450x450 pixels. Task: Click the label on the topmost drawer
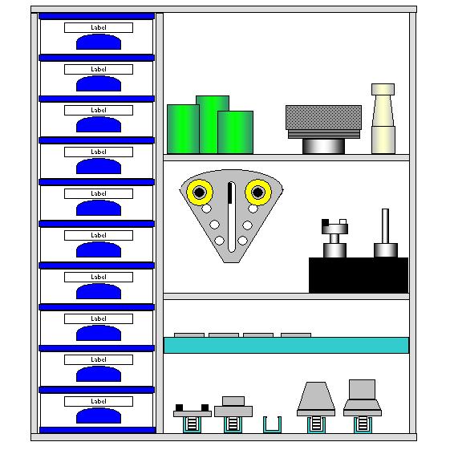[x=99, y=27]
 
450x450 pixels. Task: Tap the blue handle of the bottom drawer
[x=99, y=416]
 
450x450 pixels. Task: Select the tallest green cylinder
[x=213, y=124]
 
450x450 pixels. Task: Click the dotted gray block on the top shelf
[x=323, y=117]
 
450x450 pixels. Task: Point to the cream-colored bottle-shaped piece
[x=383, y=119]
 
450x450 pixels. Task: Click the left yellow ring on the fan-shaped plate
[x=200, y=193]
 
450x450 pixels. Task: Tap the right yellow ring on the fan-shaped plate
[x=258, y=193]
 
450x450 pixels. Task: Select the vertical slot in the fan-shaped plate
[x=231, y=217]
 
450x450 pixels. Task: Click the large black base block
[x=359, y=275]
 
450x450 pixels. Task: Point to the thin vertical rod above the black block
[x=385, y=226]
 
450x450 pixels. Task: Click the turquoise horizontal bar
[x=286, y=345]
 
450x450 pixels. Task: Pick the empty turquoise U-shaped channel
[x=272, y=425]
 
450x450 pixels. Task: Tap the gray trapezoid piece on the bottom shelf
[x=316, y=395]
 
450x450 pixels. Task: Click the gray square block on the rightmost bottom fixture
[x=363, y=390]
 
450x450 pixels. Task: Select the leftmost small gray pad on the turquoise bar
[x=189, y=335]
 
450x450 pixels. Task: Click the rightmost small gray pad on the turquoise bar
[x=296, y=335]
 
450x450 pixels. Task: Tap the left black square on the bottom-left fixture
[x=179, y=407]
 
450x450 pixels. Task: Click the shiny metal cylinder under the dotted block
[x=323, y=146]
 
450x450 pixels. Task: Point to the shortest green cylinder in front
[x=235, y=132]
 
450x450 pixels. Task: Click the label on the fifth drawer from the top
[x=99, y=194]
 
